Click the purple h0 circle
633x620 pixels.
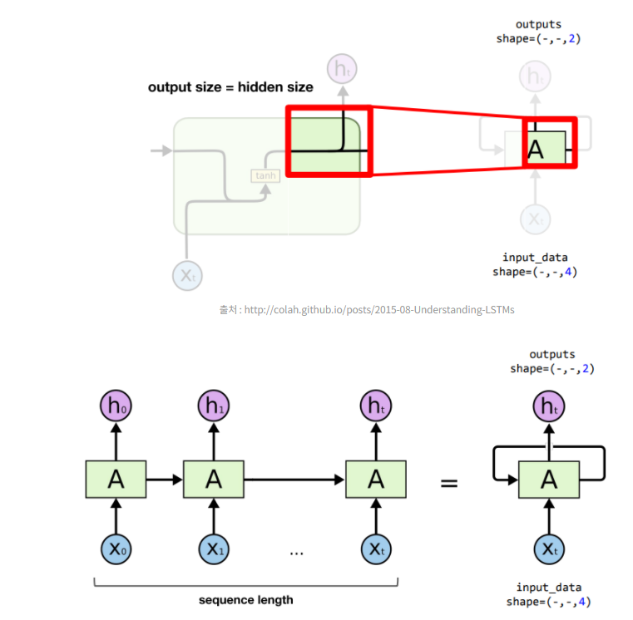(116, 406)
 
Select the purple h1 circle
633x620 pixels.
(214, 406)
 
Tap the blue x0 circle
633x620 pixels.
(116, 549)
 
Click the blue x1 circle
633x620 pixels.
(214, 549)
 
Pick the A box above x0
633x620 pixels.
(116, 479)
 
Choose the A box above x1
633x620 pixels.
(214, 479)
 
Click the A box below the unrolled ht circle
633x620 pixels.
(376, 479)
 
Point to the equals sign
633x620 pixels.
(449, 481)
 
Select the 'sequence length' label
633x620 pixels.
(245, 599)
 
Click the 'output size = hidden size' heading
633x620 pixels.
(230, 86)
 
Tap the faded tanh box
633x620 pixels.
(265, 175)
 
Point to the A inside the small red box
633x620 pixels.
(536, 150)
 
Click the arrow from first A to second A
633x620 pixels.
(165, 479)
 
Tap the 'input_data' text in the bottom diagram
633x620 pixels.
(549, 588)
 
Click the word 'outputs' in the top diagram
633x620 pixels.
(538, 25)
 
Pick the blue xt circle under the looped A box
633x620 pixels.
(549, 549)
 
